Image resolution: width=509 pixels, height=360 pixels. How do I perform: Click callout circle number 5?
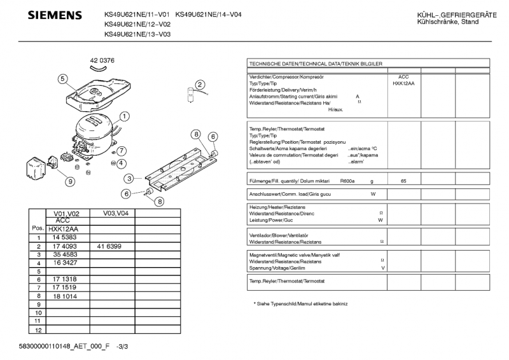pos(62,79)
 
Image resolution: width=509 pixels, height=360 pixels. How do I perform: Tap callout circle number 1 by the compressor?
pos(125,116)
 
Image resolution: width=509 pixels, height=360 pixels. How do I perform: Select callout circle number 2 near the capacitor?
pos(200,85)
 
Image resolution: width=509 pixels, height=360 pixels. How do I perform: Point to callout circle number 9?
pos(69,181)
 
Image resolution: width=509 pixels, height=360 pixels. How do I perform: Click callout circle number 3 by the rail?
pos(129,179)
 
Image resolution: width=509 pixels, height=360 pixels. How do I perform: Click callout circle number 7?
pos(122,151)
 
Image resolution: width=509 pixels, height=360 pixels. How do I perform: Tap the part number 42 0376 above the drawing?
pos(102,60)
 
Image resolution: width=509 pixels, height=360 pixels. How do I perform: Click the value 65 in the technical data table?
pos(403,181)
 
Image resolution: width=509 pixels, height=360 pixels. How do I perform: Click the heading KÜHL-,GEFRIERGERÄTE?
pos(457,15)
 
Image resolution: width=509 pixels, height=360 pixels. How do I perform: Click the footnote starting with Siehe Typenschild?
pos(300,303)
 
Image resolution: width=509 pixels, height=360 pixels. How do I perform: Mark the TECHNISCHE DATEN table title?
pos(316,64)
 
